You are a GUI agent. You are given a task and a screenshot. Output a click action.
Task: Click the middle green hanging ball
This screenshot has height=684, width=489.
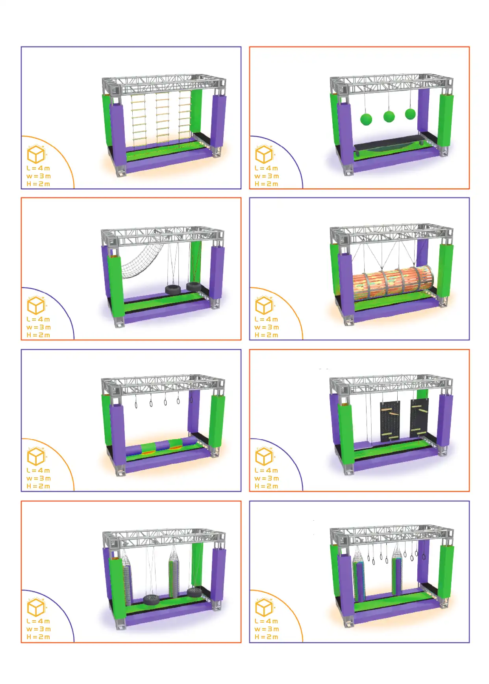pyautogui.click(x=389, y=116)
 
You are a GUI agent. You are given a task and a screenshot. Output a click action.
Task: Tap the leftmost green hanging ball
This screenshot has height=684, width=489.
pyautogui.click(x=366, y=119)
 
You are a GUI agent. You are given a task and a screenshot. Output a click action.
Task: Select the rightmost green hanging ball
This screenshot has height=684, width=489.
pyautogui.click(x=410, y=114)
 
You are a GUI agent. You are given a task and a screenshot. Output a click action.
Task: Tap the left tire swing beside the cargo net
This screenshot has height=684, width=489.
pyautogui.click(x=173, y=290)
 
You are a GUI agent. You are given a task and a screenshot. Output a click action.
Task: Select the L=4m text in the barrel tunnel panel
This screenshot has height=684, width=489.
pyautogui.click(x=267, y=319)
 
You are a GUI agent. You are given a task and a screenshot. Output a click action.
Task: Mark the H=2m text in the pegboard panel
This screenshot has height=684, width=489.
pyautogui.click(x=267, y=486)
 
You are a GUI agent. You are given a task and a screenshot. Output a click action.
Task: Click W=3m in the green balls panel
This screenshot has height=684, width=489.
pyautogui.click(x=267, y=176)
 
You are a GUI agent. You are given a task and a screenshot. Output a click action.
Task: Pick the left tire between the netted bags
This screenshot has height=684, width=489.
pyautogui.click(x=152, y=600)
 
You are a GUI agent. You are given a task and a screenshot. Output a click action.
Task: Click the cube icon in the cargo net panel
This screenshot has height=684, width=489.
pyautogui.click(x=36, y=305)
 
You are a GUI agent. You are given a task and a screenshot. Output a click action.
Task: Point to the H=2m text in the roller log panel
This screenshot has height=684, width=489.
pyautogui.click(x=38, y=486)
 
